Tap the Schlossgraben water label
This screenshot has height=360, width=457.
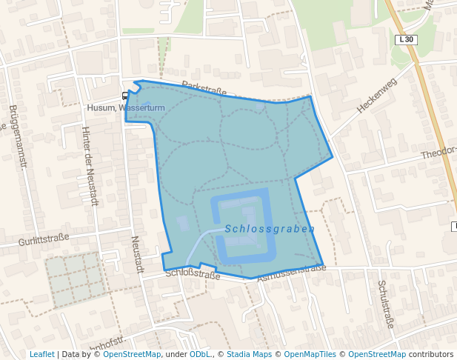[270, 229]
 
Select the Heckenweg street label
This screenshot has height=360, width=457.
[377, 95]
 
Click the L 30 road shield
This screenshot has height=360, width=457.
[405, 39]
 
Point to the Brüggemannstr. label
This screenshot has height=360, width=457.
[17, 136]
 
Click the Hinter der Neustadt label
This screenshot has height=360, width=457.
[90, 166]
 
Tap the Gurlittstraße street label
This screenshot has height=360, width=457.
[44, 239]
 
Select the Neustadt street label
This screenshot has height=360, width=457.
[136, 254]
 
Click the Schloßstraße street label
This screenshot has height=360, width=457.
[193, 275]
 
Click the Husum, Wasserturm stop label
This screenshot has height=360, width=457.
[125, 108]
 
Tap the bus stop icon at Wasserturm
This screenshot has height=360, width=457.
[124, 96]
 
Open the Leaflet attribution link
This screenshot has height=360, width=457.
[41, 354]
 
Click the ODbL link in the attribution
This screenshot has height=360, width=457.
[200, 354]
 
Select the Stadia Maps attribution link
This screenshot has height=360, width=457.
[249, 354]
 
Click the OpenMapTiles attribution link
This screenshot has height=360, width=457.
[310, 354]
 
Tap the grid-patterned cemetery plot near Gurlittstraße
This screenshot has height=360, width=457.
[73, 279]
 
